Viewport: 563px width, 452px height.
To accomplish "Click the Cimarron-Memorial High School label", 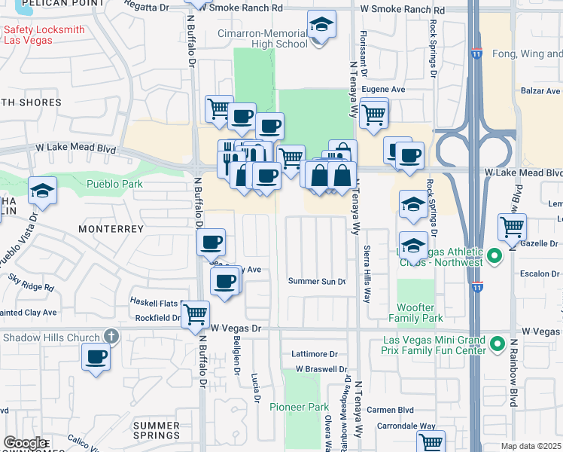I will [x=262, y=38].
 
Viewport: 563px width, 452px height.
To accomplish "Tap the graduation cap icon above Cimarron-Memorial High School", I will [x=321, y=25].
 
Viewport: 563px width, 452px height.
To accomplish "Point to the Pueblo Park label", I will [x=114, y=184].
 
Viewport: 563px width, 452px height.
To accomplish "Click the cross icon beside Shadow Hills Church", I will [x=111, y=337].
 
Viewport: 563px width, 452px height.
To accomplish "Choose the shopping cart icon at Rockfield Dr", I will [x=196, y=313].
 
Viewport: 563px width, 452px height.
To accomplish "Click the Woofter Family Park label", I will [x=415, y=313].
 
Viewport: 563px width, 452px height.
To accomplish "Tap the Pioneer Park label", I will [x=300, y=407].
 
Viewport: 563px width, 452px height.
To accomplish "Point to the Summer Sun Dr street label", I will [x=317, y=281].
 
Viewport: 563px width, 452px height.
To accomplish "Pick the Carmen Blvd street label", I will [x=391, y=411].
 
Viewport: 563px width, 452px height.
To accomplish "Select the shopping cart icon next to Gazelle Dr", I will [x=512, y=226].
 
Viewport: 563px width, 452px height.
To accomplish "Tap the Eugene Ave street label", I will [x=383, y=89].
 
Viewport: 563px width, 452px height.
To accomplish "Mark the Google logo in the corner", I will [x=25, y=443].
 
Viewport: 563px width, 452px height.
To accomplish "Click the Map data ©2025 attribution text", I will [x=531, y=446].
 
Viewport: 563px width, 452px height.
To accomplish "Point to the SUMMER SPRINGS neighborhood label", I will [x=157, y=430].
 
